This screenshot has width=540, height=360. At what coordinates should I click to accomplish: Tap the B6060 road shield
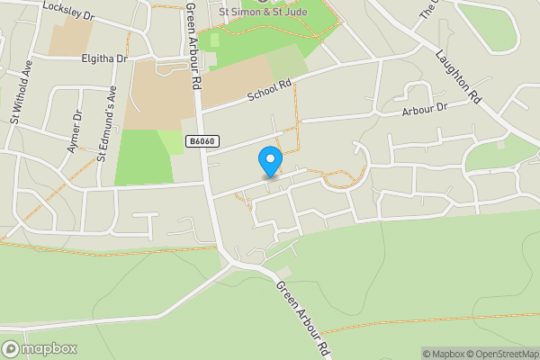click(x=202, y=141)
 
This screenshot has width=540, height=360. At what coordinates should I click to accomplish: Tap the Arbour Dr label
click(x=424, y=109)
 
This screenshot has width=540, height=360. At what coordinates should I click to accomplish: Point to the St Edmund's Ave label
click(x=107, y=122)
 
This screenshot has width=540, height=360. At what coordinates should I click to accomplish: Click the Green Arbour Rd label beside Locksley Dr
click(x=193, y=44)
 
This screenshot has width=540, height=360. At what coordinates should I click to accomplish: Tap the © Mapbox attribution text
click(x=442, y=353)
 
